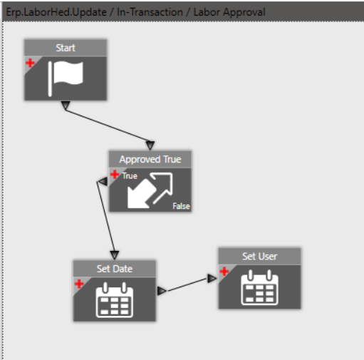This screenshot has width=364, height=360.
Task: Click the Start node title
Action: [x=66, y=48]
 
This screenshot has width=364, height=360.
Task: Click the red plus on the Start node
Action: [x=30, y=63]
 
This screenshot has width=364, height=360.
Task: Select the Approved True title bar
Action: [x=150, y=159]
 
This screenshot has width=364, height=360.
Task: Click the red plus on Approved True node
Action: [x=115, y=175]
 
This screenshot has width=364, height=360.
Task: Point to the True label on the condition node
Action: [x=130, y=176]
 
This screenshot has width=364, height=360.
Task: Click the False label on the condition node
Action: [x=181, y=206]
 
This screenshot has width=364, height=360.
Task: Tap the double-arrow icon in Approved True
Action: [x=150, y=190]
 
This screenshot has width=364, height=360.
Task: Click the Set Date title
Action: [x=115, y=269]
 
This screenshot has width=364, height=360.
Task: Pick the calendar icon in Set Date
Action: [x=115, y=300]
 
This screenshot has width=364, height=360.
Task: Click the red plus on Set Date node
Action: [x=79, y=284]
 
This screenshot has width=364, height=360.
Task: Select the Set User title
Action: [x=259, y=257]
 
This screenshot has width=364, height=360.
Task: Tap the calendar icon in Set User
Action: [x=259, y=287]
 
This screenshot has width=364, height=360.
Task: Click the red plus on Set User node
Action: [x=224, y=272]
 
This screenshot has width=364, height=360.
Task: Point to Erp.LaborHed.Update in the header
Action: [x=56, y=12]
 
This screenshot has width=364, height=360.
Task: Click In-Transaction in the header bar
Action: [x=150, y=12]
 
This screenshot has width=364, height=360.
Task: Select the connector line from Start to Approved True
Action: [x=108, y=125]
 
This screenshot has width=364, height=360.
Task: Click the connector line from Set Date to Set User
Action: [x=187, y=284]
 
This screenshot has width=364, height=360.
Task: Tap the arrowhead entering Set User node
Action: [x=212, y=279]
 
